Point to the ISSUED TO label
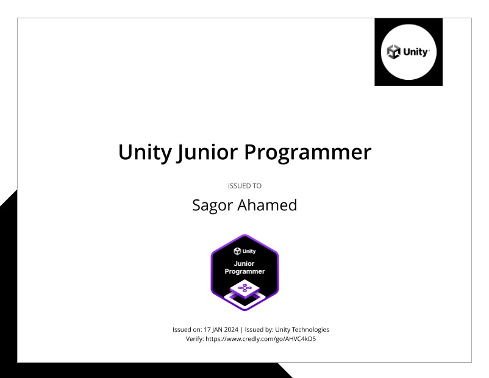[x=245, y=185]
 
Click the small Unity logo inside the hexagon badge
[x=245, y=251]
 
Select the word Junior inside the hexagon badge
[x=245, y=263]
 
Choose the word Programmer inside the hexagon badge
[x=245, y=271]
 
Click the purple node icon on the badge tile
[x=245, y=287]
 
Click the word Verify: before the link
[x=196, y=339]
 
